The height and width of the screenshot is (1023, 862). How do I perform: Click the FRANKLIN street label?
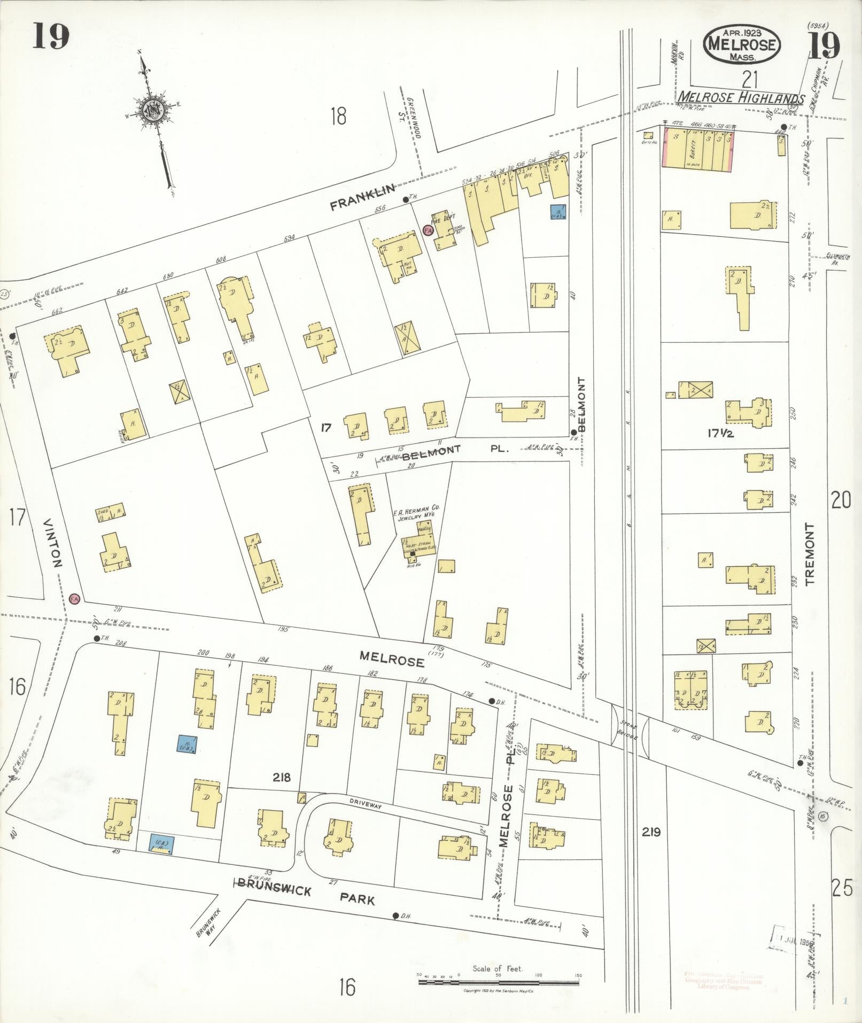363,197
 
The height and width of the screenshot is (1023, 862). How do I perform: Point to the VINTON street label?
55,542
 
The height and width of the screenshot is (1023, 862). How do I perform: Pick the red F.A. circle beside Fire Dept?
428,230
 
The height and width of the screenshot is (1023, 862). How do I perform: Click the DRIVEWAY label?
365,803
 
